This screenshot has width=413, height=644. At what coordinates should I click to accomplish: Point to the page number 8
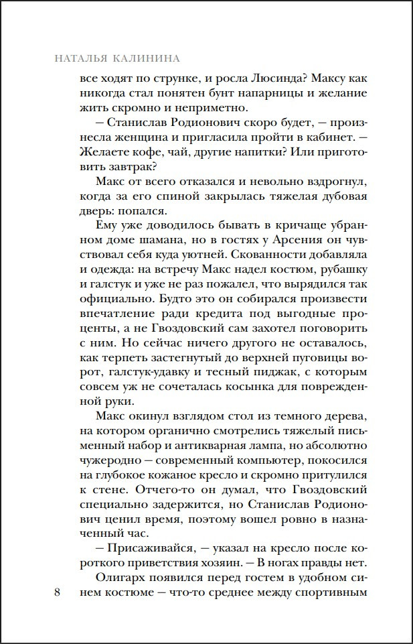click(x=57, y=593)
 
